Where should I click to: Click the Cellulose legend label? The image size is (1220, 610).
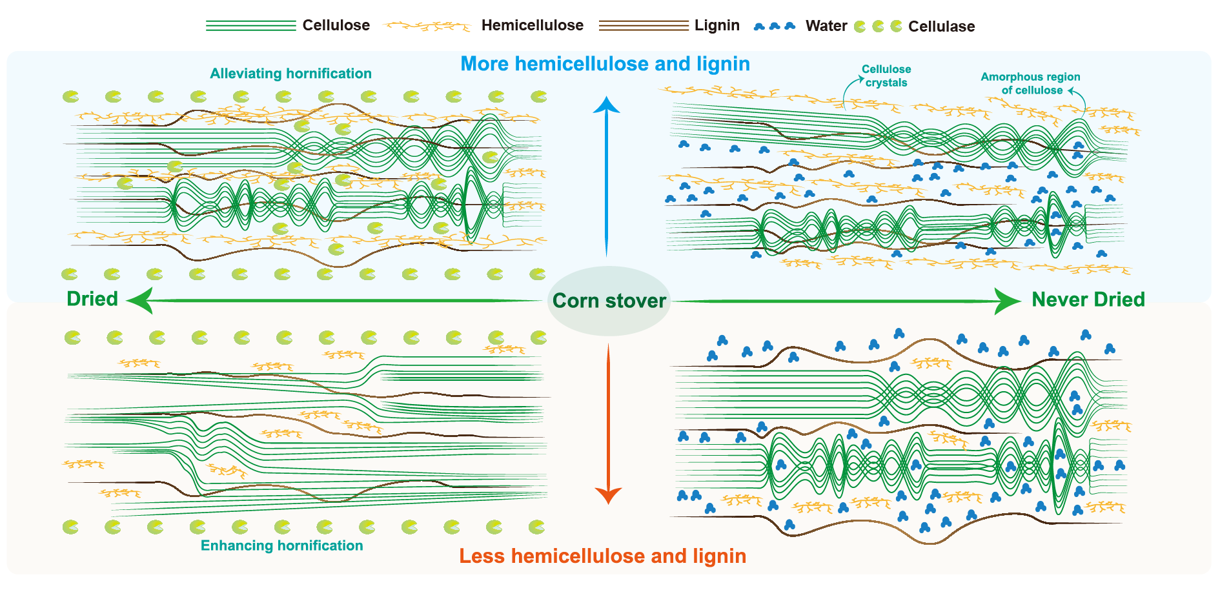tap(336, 26)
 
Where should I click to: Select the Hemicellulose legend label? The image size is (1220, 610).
tap(532, 26)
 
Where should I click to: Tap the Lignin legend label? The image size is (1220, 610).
tap(717, 26)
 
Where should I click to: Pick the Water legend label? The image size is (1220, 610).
tap(826, 26)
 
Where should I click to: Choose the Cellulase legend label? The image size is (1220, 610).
tap(941, 26)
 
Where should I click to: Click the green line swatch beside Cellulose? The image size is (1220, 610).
tap(250, 26)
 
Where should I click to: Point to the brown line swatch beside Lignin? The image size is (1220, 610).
tap(643, 26)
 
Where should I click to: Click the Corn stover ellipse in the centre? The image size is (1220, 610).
tap(609, 301)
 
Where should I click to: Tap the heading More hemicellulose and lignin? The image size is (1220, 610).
tap(605, 64)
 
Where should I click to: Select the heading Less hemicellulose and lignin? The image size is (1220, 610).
tap(602, 556)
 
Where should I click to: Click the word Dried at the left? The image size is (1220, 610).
tap(92, 299)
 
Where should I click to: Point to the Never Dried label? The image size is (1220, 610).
tap(1088, 300)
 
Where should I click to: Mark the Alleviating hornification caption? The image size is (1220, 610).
tap(290, 74)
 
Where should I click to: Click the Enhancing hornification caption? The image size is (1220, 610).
tap(281, 545)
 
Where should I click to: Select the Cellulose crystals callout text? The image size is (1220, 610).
tap(886, 76)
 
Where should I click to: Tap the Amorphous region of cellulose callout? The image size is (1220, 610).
tap(1031, 83)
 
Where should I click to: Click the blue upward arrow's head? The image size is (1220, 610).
tap(606, 105)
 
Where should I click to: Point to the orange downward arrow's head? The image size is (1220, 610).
tap(608, 495)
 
